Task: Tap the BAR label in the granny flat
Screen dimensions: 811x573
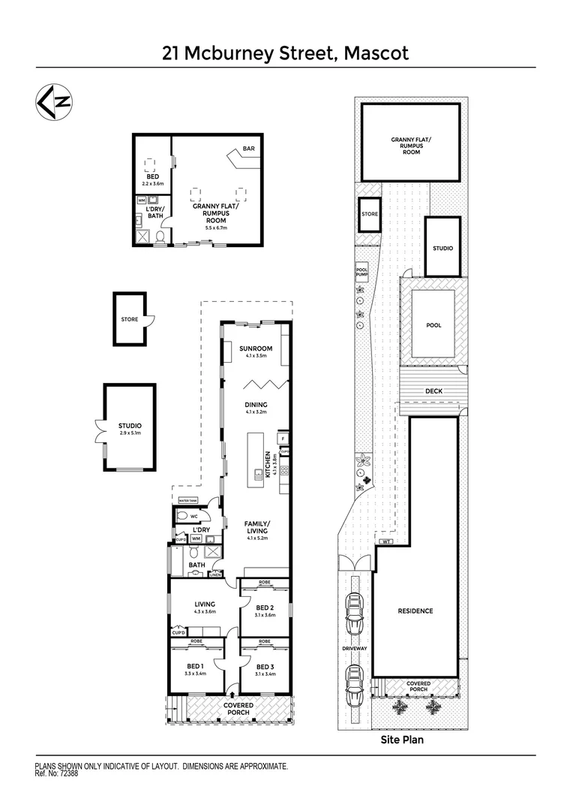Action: coord(248,149)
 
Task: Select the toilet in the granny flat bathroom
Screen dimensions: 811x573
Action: coord(160,238)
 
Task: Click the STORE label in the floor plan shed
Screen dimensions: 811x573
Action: coord(130,319)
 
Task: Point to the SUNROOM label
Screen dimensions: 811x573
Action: coord(256,349)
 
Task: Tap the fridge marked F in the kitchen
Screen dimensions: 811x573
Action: coord(283,438)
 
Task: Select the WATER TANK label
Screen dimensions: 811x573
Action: coord(187,501)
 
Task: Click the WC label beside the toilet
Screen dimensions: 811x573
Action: coord(193,517)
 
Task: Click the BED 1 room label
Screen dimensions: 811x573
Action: coord(196,666)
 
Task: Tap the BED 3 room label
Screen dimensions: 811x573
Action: coord(265,666)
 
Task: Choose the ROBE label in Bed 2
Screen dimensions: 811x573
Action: coord(265,583)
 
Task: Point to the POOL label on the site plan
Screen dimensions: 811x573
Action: coord(433,325)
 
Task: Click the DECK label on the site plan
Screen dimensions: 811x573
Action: coord(433,390)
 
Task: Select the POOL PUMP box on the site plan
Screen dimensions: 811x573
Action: coord(361,273)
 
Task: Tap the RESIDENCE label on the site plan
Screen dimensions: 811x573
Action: coord(415,611)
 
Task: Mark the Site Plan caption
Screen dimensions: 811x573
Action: coord(402,740)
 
